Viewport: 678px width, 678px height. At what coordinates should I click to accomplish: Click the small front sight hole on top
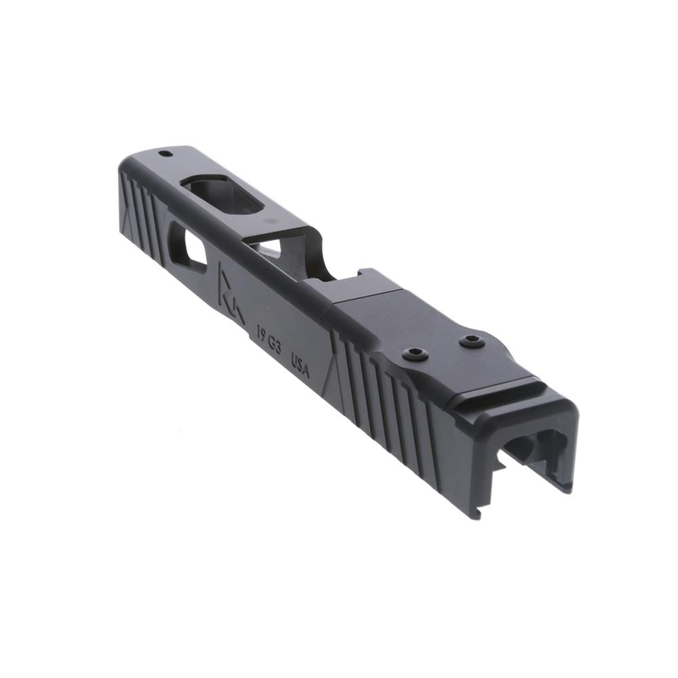(163, 153)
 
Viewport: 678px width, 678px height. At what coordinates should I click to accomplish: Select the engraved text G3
(275, 343)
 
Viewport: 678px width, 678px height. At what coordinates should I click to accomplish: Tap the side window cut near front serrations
(187, 247)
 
